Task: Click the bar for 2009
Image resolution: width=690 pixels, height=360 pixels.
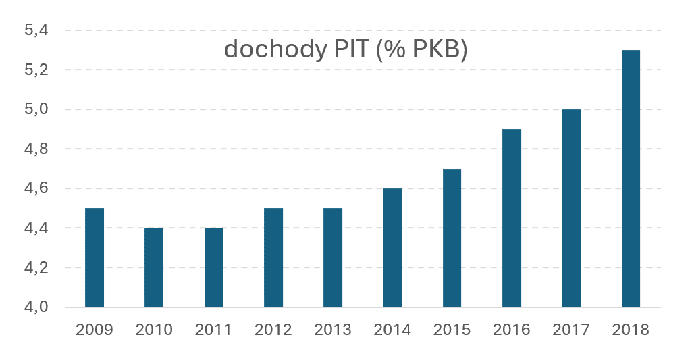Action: [x=94, y=257]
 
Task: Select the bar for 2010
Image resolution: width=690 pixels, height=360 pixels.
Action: [x=154, y=267]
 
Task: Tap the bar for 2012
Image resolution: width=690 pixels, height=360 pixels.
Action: [x=273, y=257]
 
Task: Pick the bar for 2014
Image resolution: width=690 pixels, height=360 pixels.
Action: [x=392, y=247]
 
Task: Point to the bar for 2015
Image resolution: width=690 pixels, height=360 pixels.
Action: [x=452, y=238]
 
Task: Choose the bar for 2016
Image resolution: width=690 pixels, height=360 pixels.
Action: [x=511, y=218]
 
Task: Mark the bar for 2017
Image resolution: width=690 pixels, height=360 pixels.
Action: [x=571, y=208]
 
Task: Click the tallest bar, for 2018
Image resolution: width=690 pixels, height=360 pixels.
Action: [x=631, y=178]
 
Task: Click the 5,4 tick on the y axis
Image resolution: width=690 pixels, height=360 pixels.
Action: [x=36, y=31]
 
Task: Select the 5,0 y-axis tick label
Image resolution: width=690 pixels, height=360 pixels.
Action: [x=36, y=109]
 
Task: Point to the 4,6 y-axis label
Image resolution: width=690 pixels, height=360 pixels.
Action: [x=36, y=189]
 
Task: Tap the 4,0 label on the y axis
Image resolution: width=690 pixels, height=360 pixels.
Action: [x=36, y=307]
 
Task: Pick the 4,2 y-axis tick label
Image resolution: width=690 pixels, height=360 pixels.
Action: [x=36, y=267]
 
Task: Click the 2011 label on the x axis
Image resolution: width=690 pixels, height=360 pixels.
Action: [x=213, y=330]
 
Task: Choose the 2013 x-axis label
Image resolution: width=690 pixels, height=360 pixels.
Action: [x=333, y=330]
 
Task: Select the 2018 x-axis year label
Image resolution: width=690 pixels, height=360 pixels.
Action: [x=631, y=330]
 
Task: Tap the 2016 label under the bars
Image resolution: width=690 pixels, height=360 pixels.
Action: [x=511, y=330]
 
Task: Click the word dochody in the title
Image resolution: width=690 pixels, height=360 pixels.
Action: [x=276, y=50]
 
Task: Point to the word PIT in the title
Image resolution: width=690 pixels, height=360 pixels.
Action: [x=350, y=49]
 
